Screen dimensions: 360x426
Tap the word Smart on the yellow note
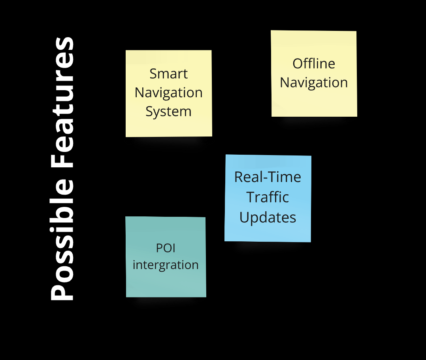[168, 74]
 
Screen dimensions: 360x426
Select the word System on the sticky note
[168, 112]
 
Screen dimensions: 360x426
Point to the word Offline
[314, 63]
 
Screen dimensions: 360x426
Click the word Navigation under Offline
[314, 83]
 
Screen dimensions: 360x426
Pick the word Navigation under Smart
[168, 93]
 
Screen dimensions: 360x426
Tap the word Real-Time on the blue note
[268, 177]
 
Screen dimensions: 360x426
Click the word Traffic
[268, 197]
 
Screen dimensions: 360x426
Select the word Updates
[268, 217]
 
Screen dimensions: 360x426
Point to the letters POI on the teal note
[166, 248]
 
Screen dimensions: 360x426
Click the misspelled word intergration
[166, 265]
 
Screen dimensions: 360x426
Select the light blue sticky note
[268, 231]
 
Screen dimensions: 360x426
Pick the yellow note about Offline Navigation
[314, 103]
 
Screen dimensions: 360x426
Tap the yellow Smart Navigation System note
[168, 127]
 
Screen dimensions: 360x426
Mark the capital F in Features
[62, 161]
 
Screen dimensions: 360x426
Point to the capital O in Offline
[298, 63]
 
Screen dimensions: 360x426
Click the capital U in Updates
[244, 217]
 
